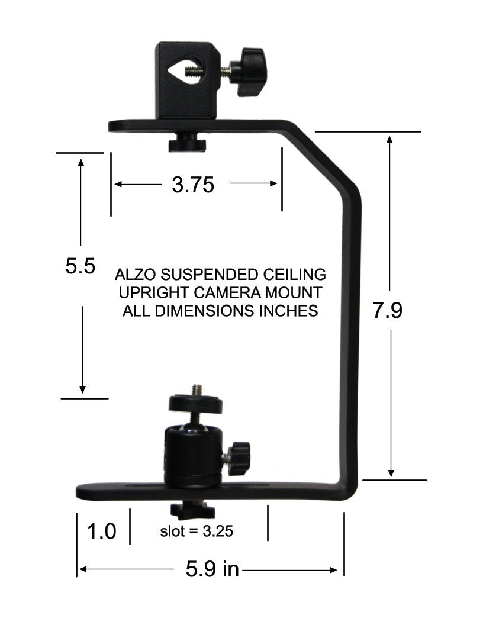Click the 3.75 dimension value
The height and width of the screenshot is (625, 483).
(192, 185)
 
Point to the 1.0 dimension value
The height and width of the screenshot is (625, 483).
(101, 531)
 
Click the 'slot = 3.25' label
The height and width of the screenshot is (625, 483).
(197, 531)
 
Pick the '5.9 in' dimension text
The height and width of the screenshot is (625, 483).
(212, 569)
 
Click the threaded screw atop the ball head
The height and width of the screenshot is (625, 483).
(196, 390)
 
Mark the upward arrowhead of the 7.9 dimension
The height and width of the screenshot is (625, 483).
(390, 140)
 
